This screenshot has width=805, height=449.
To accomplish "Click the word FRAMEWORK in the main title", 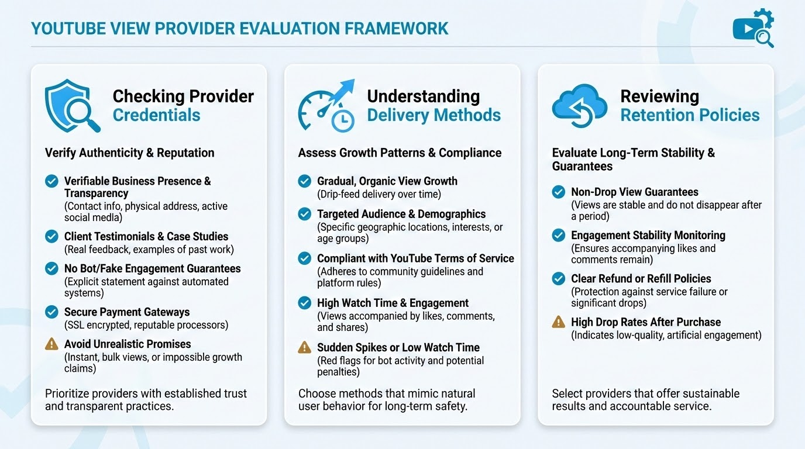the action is tap(396, 29).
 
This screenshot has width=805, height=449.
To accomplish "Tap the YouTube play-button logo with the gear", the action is tap(753, 28).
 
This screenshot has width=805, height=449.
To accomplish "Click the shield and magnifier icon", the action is tap(72, 106).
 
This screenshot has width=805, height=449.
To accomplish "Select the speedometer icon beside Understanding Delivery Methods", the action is tap(326, 106).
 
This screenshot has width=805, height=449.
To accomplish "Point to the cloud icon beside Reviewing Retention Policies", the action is tap(579, 106).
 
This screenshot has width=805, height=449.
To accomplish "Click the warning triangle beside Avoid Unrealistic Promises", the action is tap(51, 344).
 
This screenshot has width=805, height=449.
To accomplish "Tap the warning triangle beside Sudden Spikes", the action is tap(304, 347).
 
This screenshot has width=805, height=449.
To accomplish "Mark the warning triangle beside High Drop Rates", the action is tap(559, 322).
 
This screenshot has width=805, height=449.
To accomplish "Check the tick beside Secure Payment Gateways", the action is tap(51, 312).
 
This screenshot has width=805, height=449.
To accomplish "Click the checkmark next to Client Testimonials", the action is tap(51, 236).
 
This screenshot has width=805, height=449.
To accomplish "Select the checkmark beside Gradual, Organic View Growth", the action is tap(304, 181).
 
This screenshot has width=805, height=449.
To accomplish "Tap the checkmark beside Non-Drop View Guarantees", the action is tap(559, 192).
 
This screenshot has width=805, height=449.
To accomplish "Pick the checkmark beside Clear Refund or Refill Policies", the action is tap(559, 278).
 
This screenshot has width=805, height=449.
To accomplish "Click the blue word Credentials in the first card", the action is tap(156, 115).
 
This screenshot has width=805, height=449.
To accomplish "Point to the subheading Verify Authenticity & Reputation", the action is tap(129, 153).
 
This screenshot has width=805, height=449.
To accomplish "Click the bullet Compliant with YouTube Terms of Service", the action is tap(415, 258).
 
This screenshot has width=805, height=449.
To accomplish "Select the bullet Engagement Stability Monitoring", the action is tap(648, 235).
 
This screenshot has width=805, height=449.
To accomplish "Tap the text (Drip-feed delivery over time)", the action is tap(379, 194).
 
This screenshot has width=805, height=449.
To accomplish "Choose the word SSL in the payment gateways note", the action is tap(74, 325).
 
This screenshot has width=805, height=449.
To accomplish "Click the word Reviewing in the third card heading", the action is tap(660, 96).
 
